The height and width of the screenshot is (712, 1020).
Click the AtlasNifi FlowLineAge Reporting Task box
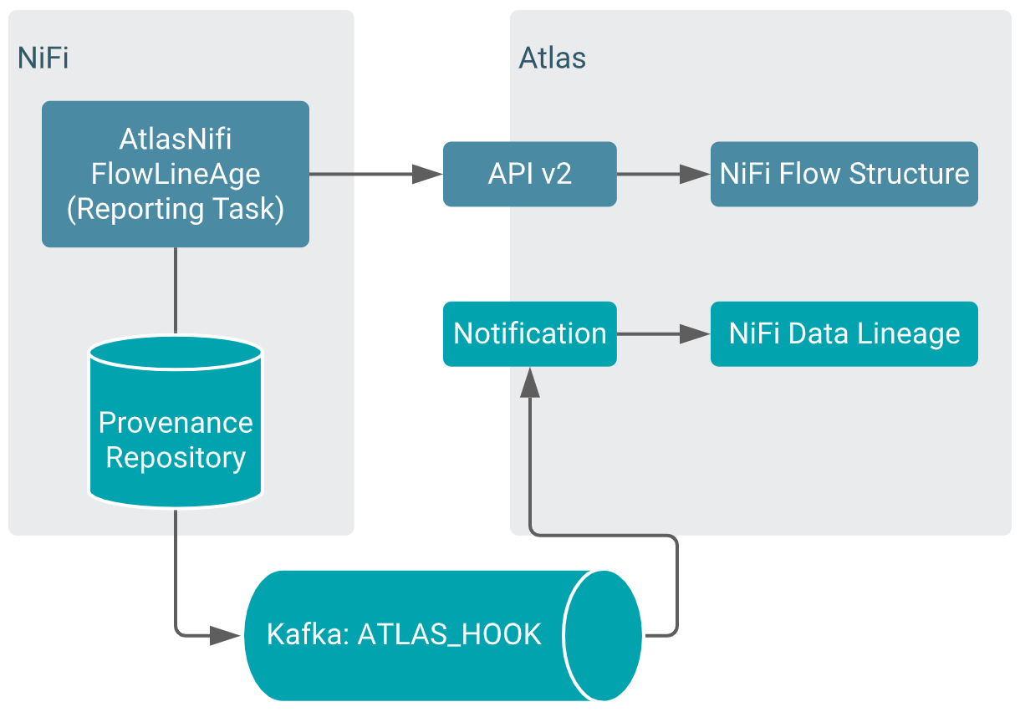pos(176,174)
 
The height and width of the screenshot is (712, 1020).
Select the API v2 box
pos(529,174)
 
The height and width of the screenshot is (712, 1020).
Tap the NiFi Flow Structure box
pos(844,174)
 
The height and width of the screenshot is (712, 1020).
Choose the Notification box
pos(529,333)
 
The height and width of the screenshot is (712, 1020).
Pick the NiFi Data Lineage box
pos(844,333)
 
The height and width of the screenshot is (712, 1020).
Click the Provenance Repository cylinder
pos(176,435)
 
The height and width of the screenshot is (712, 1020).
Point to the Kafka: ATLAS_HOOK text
pos(404,634)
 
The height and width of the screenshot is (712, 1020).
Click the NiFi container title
pos(43,58)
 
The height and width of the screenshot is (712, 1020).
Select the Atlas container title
pos(552,58)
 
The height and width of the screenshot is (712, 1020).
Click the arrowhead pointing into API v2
pos(429,174)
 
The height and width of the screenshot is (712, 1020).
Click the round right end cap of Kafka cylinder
pos(603,635)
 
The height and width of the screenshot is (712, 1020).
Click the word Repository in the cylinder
pos(176,458)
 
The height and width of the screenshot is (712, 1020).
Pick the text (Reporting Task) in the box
pos(176,209)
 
